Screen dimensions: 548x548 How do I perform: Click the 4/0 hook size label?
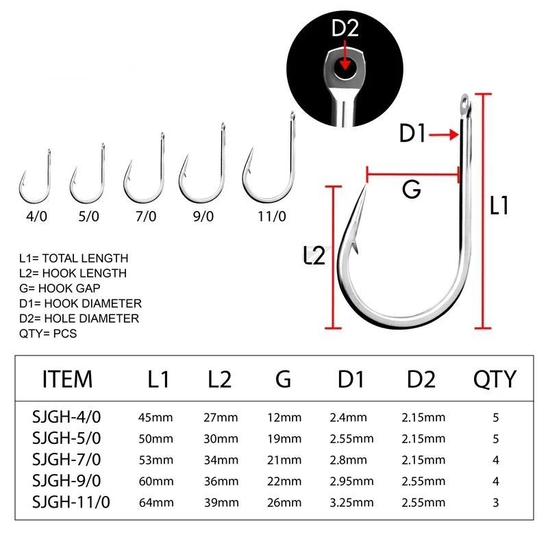33,216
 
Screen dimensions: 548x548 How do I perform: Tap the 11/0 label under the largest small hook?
271,216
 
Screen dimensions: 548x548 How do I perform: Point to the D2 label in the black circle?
345,29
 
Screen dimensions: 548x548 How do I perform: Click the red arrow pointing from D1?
444,136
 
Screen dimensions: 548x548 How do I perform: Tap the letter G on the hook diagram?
411,190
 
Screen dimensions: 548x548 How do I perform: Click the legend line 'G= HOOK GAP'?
61,288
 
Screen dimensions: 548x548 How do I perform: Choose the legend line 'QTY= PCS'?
48,334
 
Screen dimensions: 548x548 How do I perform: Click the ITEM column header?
67,379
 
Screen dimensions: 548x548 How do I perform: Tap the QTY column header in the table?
495,379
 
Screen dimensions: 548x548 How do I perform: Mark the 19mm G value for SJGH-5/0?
284,438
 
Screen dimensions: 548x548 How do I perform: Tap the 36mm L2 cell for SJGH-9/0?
220,482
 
